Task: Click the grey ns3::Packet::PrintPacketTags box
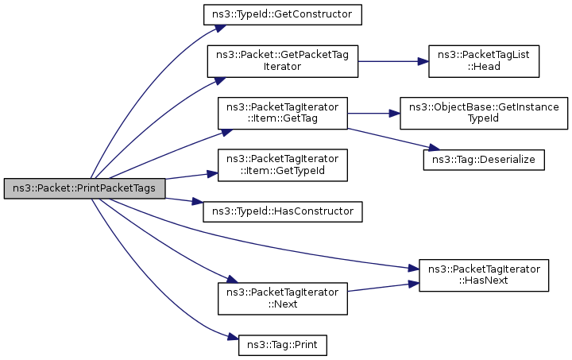pos(85,188)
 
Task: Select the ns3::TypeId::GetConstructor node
pos(283,14)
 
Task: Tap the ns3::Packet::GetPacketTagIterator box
pos(283,61)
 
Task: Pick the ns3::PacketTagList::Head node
pos(484,61)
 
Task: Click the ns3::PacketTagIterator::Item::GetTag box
pos(283,113)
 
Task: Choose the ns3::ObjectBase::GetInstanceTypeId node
pos(484,113)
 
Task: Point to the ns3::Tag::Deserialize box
pos(484,160)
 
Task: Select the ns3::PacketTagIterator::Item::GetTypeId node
pos(283,165)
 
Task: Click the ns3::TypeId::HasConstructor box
pos(283,211)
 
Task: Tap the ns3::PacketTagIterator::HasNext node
pos(484,275)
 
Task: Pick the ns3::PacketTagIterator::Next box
pos(283,298)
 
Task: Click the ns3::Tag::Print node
pos(283,345)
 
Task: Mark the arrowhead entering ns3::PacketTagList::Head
pos(423,61)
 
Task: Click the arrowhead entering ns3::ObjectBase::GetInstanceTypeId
pos(395,114)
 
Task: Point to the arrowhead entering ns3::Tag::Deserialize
pos(434,148)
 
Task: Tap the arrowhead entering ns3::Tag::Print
pos(234,337)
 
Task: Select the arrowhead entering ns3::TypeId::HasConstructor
pos(198,202)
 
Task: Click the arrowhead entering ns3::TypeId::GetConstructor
pos(220,28)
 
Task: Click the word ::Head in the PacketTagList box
pos(484,67)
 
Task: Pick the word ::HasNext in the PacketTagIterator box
pos(484,281)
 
